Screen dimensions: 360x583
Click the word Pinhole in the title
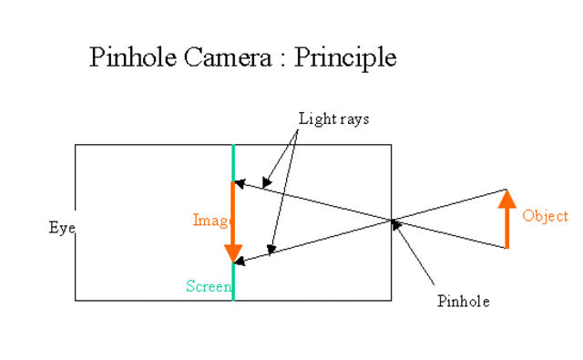[x=128, y=57]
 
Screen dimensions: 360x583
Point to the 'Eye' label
[x=61, y=228]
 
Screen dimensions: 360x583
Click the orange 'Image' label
[x=209, y=220]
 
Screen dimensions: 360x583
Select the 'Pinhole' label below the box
[x=463, y=302]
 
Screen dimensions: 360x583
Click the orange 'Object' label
[x=545, y=216]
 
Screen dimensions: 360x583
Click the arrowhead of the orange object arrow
[x=507, y=197]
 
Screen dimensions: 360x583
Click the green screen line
[x=233, y=164]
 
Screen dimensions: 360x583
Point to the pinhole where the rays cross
[x=392, y=220]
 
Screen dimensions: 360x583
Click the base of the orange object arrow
[x=507, y=246]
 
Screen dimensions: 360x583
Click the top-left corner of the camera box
[x=76, y=145]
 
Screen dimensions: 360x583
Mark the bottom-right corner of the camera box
[x=392, y=300]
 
